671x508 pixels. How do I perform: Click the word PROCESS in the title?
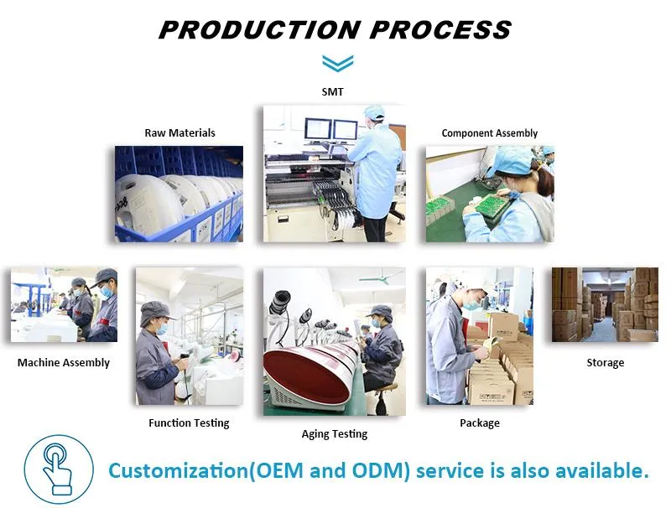click(440, 30)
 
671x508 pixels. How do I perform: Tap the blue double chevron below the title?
click(337, 64)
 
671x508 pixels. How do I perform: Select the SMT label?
click(333, 91)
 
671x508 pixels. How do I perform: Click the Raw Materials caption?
click(179, 132)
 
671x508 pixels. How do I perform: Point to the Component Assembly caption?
click(489, 133)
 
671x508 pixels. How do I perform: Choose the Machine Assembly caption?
click(64, 363)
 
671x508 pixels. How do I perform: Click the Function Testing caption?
click(189, 422)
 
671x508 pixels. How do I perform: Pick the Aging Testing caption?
click(334, 433)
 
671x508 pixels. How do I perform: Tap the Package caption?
click(479, 422)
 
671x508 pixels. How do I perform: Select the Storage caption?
click(605, 363)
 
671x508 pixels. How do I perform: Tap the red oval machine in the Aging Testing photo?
click(305, 377)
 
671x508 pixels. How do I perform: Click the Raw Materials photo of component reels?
click(179, 194)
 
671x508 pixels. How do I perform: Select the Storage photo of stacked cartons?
click(604, 304)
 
